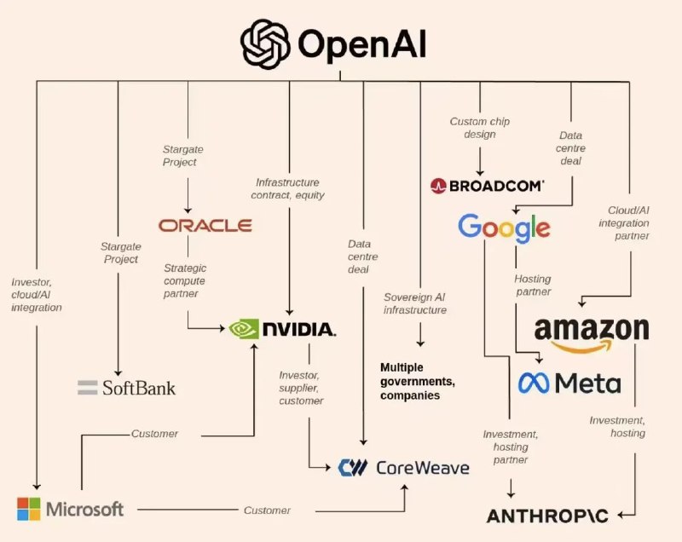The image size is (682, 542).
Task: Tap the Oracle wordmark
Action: click(x=205, y=225)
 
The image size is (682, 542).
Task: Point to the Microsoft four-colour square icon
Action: click(x=29, y=509)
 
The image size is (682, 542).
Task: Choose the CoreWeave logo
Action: click(x=391, y=467)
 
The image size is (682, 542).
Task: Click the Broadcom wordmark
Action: click(x=488, y=185)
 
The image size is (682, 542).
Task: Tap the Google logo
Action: click(x=504, y=228)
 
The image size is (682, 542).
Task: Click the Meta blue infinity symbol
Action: click(x=535, y=383)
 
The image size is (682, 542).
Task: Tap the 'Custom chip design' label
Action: click(x=480, y=128)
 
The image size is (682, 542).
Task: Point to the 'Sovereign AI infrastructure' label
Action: click(x=417, y=303)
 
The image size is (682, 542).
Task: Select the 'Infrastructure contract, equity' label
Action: click(x=287, y=188)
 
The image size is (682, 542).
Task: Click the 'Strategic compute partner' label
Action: click(x=184, y=280)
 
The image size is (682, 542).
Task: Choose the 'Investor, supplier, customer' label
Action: click(x=302, y=388)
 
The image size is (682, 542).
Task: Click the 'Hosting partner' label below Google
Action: click(x=532, y=285)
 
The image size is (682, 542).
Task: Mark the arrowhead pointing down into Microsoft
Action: click(x=36, y=487)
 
